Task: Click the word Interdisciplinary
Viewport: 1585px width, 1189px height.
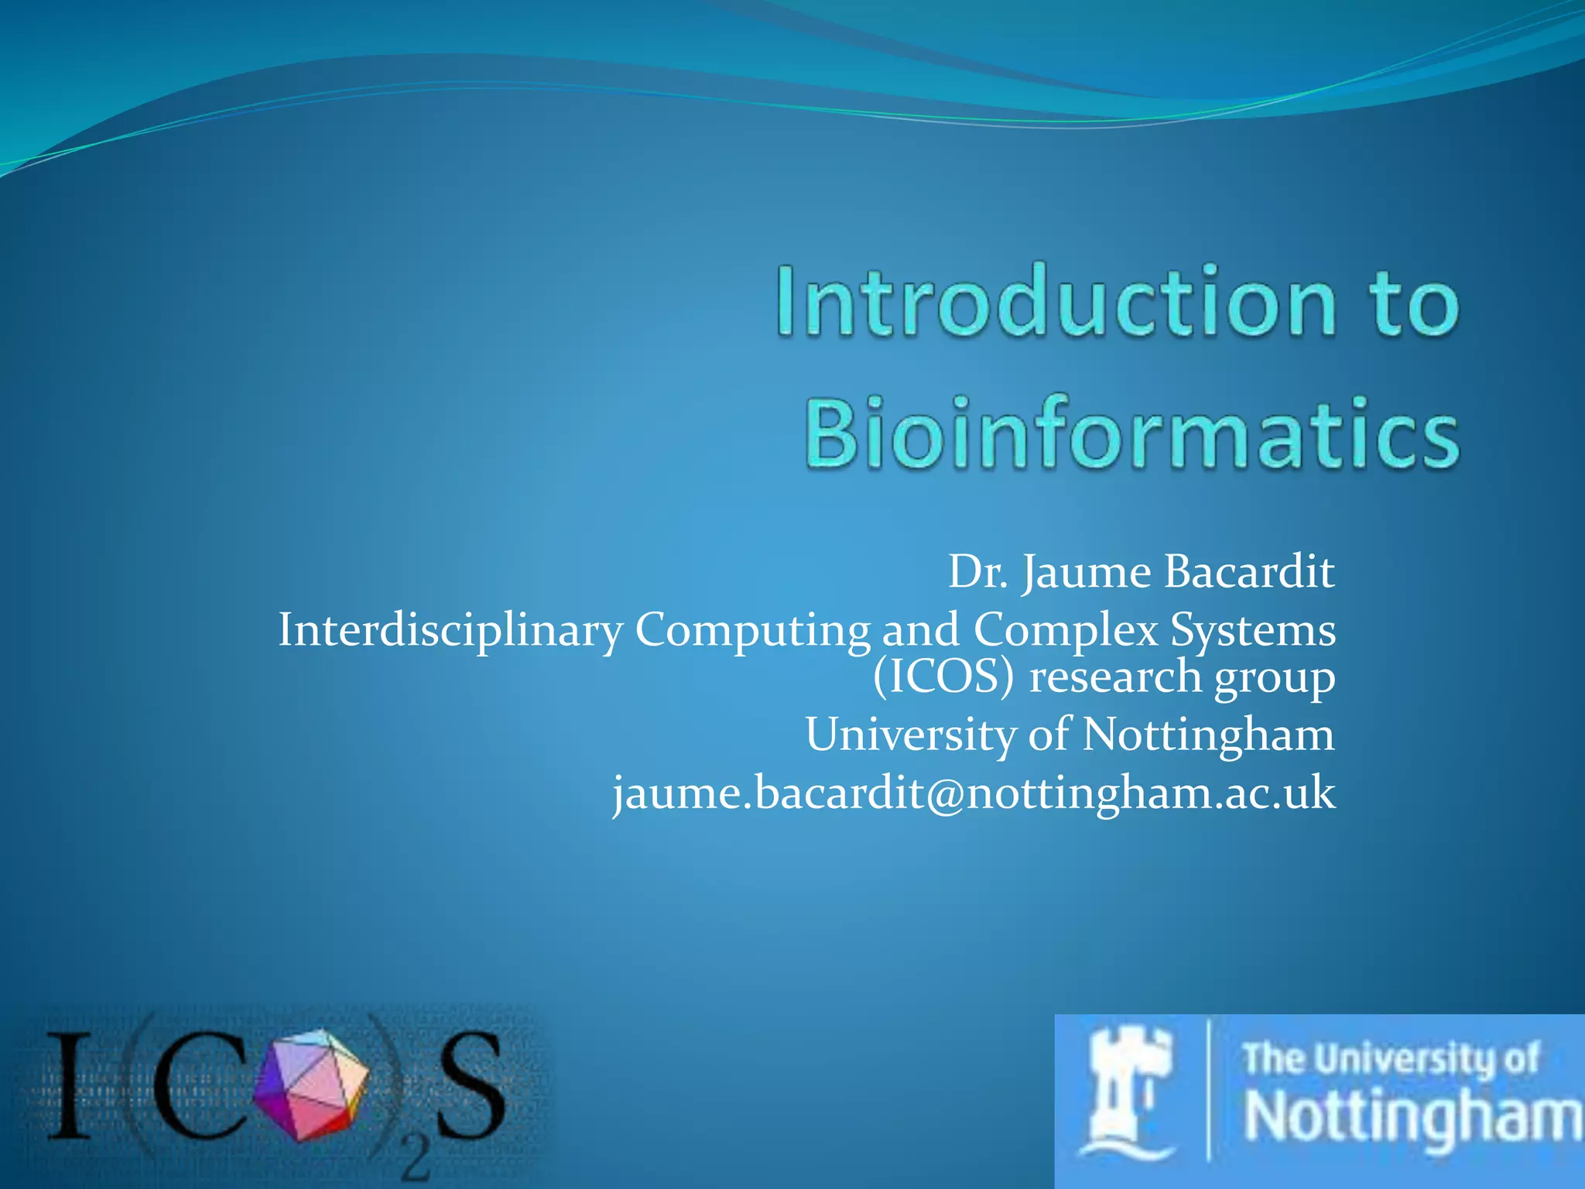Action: (x=450, y=630)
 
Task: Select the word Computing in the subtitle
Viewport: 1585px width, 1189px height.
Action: (x=752, y=632)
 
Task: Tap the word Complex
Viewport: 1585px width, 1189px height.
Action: (x=1065, y=630)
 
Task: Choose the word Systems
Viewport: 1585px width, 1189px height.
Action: (x=1252, y=630)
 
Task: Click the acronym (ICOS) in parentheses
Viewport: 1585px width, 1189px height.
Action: (x=943, y=677)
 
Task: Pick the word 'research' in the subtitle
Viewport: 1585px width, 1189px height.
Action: (x=1114, y=677)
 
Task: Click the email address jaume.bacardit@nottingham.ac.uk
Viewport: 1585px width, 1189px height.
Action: (x=974, y=794)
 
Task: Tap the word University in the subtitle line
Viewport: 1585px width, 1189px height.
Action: (x=910, y=735)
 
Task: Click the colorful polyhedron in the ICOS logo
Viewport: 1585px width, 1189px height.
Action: (x=312, y=1084)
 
